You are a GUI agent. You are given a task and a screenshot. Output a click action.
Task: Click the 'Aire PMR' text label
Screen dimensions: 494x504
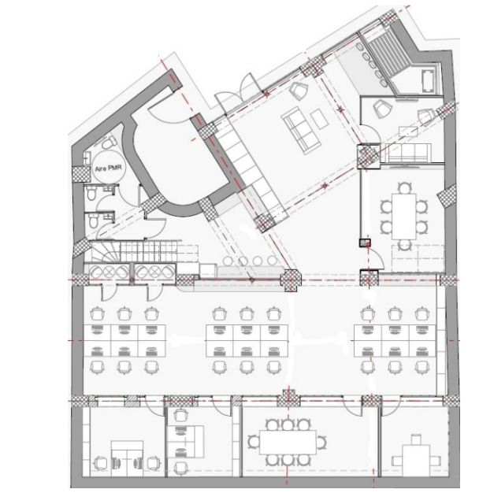[108, 168]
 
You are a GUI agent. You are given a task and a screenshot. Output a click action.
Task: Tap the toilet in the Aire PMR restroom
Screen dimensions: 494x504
[109, 143]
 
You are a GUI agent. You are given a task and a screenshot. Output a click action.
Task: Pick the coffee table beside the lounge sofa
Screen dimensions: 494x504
[319, 118]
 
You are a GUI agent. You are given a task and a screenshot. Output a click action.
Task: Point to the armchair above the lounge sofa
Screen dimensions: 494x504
[299, 91]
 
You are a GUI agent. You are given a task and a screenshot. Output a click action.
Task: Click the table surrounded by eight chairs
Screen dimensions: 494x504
[288, 442]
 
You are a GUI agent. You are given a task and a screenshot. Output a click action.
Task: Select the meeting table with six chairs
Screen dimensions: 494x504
[404, 216]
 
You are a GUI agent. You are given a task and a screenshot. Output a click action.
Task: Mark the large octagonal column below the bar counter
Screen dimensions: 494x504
[291, 280]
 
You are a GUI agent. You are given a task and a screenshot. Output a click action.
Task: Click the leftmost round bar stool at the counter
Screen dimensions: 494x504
[228, 261]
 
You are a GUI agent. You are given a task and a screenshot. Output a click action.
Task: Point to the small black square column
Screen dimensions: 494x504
[365, 243]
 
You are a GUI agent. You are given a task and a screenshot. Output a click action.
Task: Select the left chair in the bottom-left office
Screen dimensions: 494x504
[101, 463]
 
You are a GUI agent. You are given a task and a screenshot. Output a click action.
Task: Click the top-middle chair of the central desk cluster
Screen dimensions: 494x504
[246, 313]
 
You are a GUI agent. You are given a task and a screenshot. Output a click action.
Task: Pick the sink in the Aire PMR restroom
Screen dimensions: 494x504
[87, 157]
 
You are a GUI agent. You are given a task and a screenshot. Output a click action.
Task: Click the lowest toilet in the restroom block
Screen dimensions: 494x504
[93, 221]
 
